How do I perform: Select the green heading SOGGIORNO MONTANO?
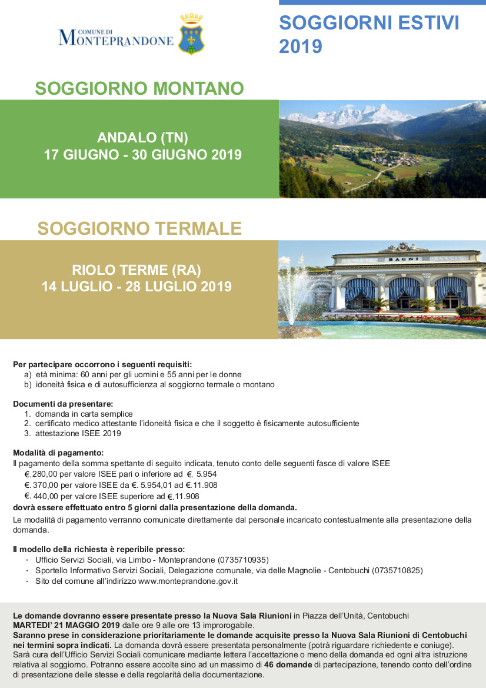coord(139,88)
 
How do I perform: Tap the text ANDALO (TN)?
coord(142,138)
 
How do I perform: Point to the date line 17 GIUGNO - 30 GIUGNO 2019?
coord(142,155)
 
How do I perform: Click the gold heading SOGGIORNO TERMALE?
coord(139,228)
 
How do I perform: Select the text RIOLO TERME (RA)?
coord(137,270)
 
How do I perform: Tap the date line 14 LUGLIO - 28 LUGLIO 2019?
coord(137,287)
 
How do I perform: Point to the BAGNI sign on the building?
coord(402,259)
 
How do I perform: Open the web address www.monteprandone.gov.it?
coord(188,581)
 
